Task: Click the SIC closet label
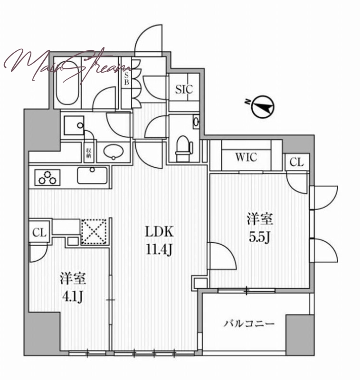pyautogui.click(x=184, y=89)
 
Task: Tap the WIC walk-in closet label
pyautogui.click(x=246, y=157)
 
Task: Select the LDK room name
pyautogui.click(x=159, y=232)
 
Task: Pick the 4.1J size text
pyautogui.click(x=73, y=297)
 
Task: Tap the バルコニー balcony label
pyautogui.click(x=249, y=323)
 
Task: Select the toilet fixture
pyautogui.click(x=184, y=148)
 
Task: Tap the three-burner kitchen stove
pyautogui.click(x=47, y=177)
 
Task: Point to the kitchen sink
pyautogui.click(x=92, y=175)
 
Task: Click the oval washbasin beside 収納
pyautogui.click(x=114, y=152)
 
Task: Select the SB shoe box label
pyautogui.click(x=126, y=79)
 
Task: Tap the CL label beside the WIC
pyautogui.click(x=297, y=162)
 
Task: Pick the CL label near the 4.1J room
pyautogui.click(x=39, y=233)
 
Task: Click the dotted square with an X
pyautogui.click(x=94, y=231)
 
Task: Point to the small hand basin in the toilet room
pyautogui.click(x=196, y=122)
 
